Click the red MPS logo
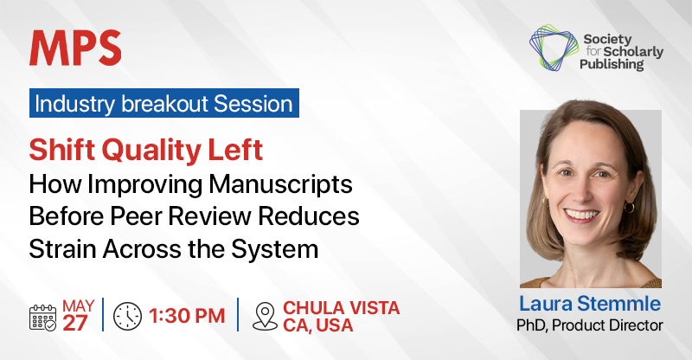point(75,48)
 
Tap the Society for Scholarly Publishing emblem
point(554,48)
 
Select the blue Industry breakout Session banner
point(164,103)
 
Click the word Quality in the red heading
point(151,151)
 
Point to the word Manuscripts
point(280,184)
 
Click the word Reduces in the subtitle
point(309,216)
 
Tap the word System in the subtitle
point(275,249)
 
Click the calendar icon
point(42,317)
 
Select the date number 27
point(75,324)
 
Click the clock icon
point(127,316)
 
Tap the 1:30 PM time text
point(187,316)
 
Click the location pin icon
point(265,316)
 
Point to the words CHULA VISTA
point(341,308)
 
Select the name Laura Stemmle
point(590,304)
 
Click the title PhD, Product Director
point(590,325)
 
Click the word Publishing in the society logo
point(612,65)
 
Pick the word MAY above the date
point(78,305)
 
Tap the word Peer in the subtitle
point(137,216)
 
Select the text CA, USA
point(318,325)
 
